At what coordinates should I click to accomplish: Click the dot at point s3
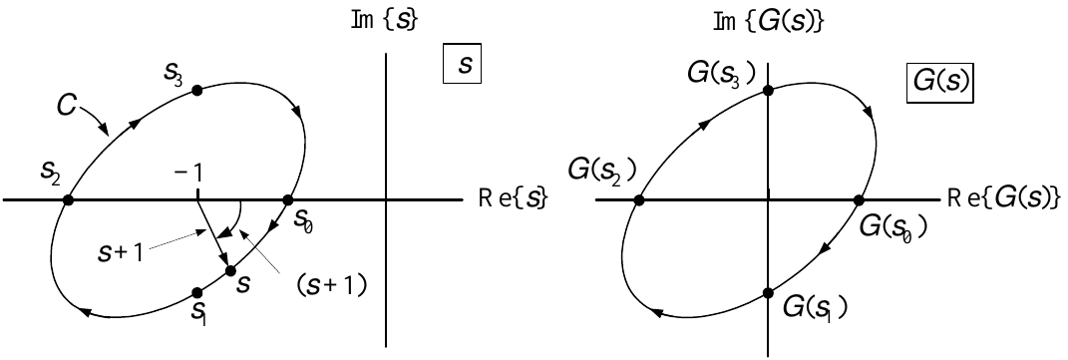pos(196,90)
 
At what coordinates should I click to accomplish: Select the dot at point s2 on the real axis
pos(68,200)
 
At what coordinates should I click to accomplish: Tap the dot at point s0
pos(287,200)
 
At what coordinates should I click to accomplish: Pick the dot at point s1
pos(196,292)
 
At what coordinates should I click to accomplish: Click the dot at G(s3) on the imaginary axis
pos(768,90)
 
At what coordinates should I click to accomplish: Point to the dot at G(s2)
pos(639,200)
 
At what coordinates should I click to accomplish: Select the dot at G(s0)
pos(859,200)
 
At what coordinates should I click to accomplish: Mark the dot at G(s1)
pos(768,292)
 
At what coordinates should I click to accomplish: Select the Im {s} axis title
pos(384,20)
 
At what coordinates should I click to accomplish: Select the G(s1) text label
pos(814,308)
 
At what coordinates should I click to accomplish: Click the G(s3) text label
pos(721,72)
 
